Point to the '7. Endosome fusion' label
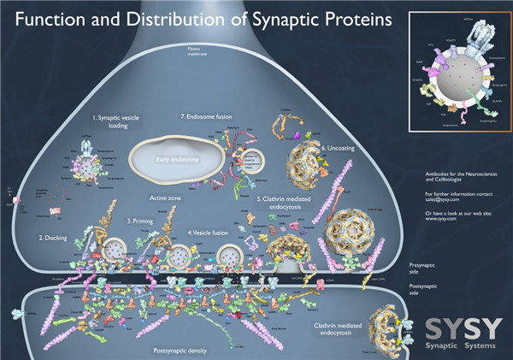coord(205,115)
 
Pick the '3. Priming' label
coord(140,221)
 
